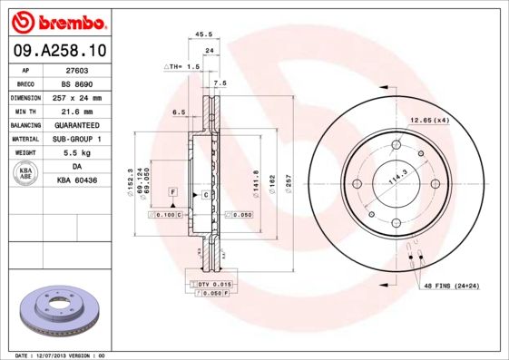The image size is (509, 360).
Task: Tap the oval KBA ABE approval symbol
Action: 26,174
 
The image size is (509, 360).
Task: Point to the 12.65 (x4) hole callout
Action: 429,121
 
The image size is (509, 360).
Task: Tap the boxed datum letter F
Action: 171,194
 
